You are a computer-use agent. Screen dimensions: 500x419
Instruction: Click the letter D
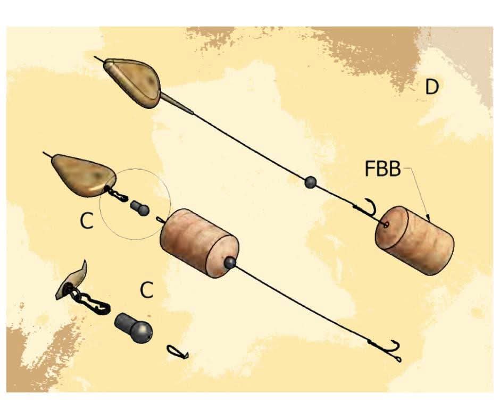click(432, 87)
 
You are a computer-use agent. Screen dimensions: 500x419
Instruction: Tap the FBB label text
click(382, 169)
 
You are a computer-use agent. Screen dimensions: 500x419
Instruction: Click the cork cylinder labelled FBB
click(414, 240)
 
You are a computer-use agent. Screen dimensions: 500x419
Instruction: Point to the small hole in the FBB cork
click(386, 225)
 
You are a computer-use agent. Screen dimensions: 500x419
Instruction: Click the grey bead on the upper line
click(310, 182)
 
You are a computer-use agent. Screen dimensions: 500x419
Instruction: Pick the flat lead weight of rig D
click(132, 82)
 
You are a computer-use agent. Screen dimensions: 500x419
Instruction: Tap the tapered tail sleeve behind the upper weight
click(177, 103)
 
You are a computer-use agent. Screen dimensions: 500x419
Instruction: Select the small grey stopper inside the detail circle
click(140, 208)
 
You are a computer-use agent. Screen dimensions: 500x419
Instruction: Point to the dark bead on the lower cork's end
click(230, 263)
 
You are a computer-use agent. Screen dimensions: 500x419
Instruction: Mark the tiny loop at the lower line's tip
click(398, 359)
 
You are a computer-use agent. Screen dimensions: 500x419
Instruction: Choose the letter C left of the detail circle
click(86, 221)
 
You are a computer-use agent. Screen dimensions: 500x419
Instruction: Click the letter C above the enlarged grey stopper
click(147, 290)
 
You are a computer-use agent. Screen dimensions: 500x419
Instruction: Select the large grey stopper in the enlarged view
click(134, 328)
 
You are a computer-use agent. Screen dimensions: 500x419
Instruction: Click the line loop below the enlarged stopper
click(178, 352)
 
